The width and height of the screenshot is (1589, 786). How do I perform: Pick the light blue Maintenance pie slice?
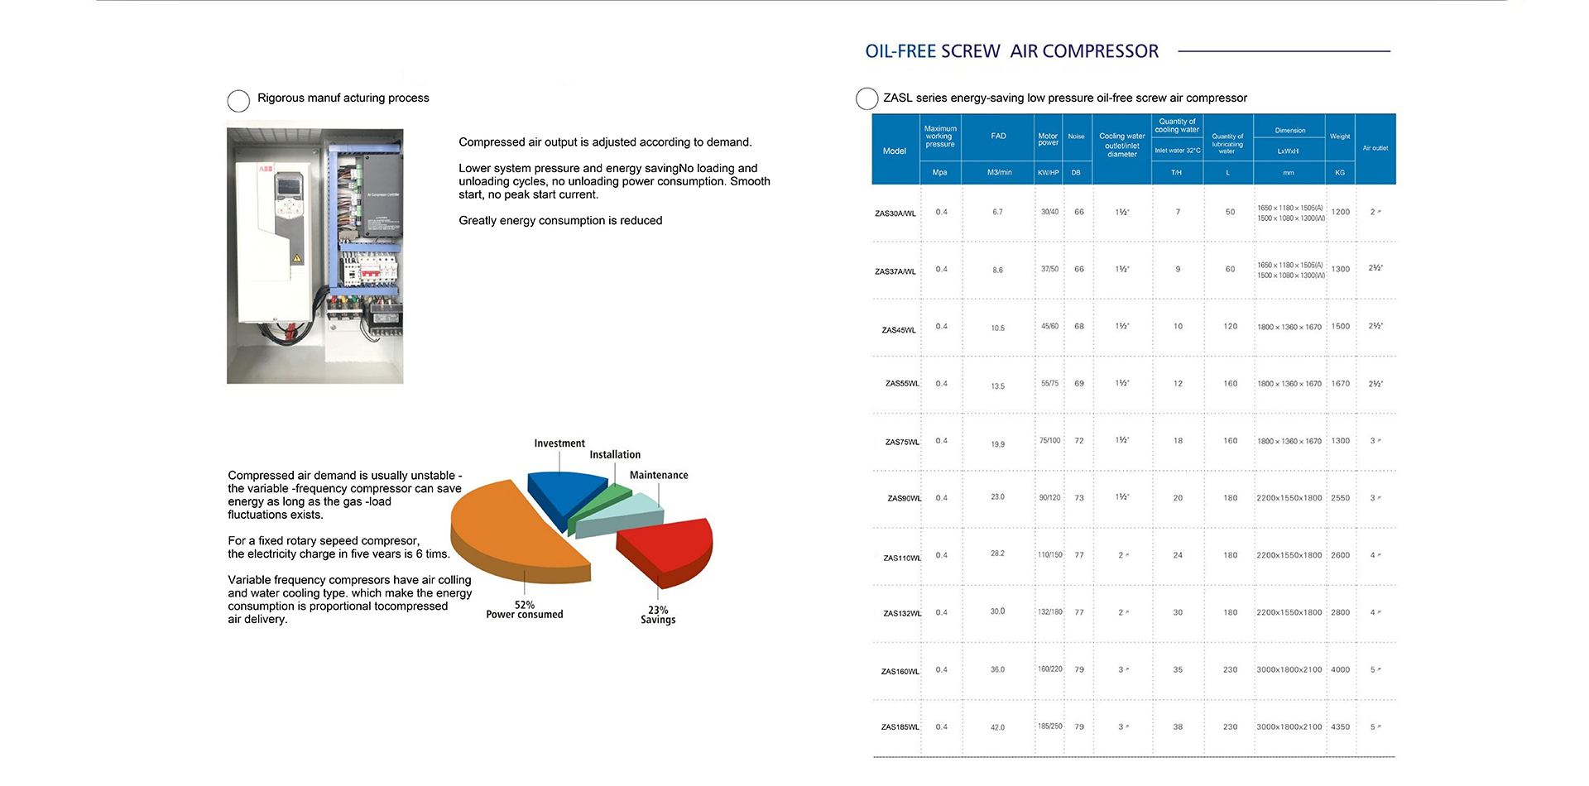click(621, 513)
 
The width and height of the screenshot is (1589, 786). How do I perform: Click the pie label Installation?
click(615, 454)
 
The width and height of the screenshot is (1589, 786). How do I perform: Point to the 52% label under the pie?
click(525, 605)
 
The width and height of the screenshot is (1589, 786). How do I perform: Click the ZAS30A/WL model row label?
click(895, 213)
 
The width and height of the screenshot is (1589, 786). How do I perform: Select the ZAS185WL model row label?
click(900, 727)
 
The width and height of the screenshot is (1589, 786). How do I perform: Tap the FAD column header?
click(999, 137)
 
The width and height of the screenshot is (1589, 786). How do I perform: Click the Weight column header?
click(1340, 137)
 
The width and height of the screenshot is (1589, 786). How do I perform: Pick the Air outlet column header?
click(1375, 148)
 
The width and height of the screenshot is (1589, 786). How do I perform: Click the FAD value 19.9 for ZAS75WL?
click(998, 444)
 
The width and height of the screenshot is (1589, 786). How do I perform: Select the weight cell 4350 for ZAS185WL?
click(1341, 727)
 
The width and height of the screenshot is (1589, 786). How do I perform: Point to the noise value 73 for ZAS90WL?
click(1079, 498)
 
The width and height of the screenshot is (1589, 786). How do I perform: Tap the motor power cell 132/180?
click(1050, 612)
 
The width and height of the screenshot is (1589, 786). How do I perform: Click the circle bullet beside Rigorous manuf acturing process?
click(238, 101)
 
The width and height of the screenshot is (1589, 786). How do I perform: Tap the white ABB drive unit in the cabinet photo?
click(272, 240)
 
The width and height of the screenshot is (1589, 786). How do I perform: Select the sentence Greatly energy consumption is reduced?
click(560, 220)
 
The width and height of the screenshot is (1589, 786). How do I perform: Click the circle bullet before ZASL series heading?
click(867, 98)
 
